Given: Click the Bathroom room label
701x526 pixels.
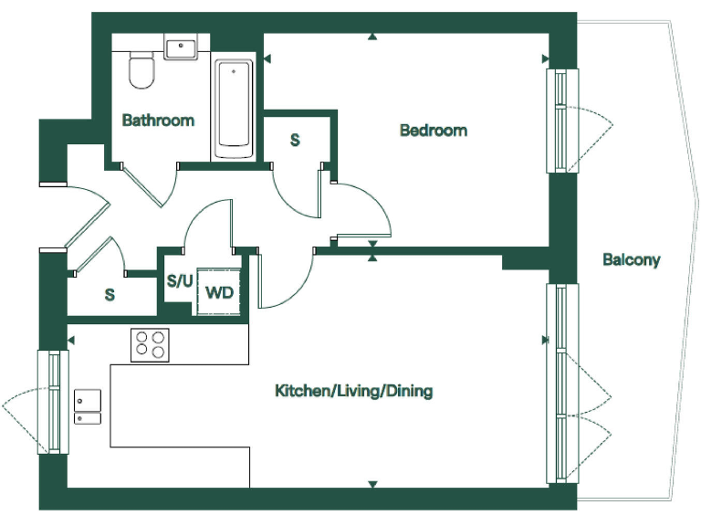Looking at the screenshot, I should coord(158,120).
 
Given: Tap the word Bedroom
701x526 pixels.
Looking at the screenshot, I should coord(434,131).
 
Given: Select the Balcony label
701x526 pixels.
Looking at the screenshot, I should coord(631,259).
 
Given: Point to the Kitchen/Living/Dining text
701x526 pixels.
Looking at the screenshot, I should coord(354,391).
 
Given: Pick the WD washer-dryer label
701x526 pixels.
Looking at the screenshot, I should coord(219,293).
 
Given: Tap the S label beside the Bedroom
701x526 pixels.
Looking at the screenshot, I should coord(295,140).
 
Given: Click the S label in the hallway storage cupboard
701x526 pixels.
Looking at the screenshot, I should coord(110,295).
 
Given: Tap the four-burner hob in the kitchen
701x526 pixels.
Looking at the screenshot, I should coord(151,344).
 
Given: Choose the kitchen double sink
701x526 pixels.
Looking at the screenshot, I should coord(88,407).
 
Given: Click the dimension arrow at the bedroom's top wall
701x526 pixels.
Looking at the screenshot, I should coord(372,37).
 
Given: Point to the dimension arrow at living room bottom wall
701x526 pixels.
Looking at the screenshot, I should coord(372,484).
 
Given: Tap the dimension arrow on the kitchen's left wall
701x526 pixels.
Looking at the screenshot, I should coord(71,341).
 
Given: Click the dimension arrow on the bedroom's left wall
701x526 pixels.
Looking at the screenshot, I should coord(267,59).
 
